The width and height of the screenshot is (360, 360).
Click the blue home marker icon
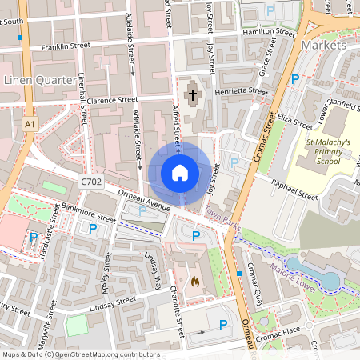click(180, 173)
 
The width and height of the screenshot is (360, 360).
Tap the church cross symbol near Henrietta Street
click(192, 96)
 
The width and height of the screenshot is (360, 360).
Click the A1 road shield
click(30, 125)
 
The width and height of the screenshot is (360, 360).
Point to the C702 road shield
click(92, 182)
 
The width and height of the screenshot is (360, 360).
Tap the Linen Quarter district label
click(40, 81)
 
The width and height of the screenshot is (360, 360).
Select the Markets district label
click(324, 45)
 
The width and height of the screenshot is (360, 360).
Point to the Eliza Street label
click(294, 123)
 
